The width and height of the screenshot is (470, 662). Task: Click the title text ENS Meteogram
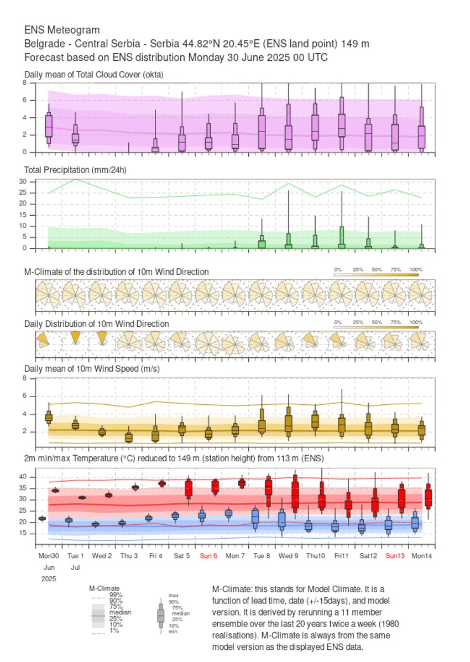[x=62, y=30]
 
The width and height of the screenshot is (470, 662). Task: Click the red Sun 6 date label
[x=208, y=555]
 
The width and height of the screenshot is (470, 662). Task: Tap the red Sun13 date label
[x=395, y=555]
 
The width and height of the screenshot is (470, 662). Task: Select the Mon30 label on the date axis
[x=49, y=555]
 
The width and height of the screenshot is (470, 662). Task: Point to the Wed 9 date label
[x=288, y=555]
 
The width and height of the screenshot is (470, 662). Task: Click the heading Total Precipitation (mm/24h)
[x=75, y=170]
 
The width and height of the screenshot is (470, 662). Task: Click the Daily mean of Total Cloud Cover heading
[x=93, y=74]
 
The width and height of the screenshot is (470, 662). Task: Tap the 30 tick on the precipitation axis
[x=23, y=181]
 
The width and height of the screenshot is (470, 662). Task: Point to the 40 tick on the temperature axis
[x=23, y=477]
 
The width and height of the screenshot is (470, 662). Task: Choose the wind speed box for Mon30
[x=49, y=417]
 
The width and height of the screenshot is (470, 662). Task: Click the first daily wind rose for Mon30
[x=43, y=340]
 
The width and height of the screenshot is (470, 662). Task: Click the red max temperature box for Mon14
[x=428, y=498]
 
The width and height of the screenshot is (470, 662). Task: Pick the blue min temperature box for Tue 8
[x=255, y=517]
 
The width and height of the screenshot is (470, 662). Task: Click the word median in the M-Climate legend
[x=116, y=613]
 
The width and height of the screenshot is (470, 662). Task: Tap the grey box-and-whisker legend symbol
[x=161, y=615]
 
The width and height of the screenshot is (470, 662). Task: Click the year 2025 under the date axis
[x=49, y=578]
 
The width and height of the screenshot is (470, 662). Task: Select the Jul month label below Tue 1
[x=75, y=567]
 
